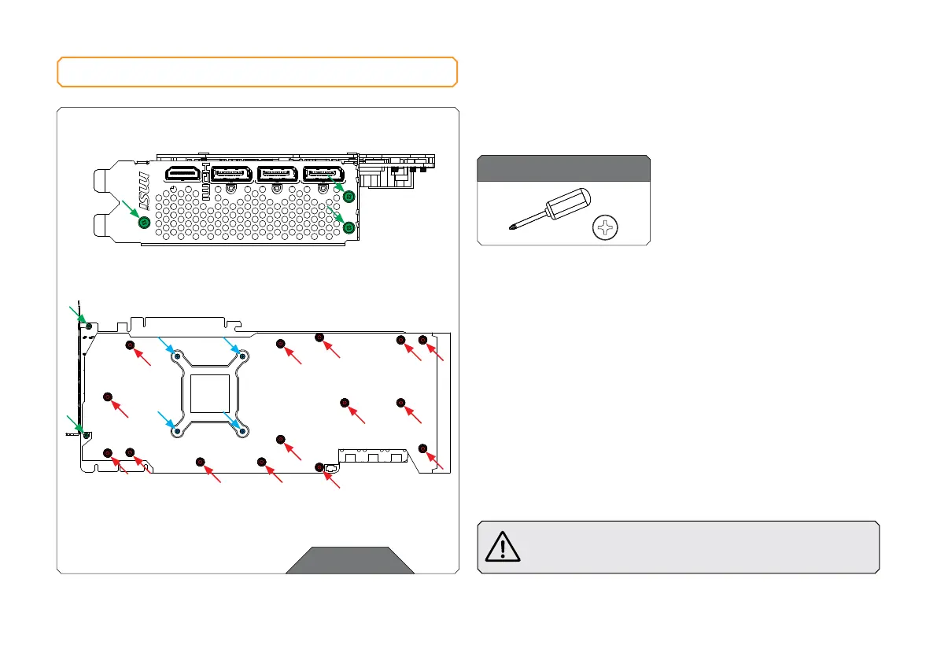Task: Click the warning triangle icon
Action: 503,546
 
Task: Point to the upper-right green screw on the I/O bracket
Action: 349,197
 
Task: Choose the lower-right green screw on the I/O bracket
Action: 349,227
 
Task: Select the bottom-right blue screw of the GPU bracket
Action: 243,430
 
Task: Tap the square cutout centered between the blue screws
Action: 210,393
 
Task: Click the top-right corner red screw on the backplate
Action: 422,340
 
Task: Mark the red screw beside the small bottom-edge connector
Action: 319,467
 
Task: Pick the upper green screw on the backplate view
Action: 89,326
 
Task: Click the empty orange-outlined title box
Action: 257,72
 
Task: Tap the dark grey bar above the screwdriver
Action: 564,168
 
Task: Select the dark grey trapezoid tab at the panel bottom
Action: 350,560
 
